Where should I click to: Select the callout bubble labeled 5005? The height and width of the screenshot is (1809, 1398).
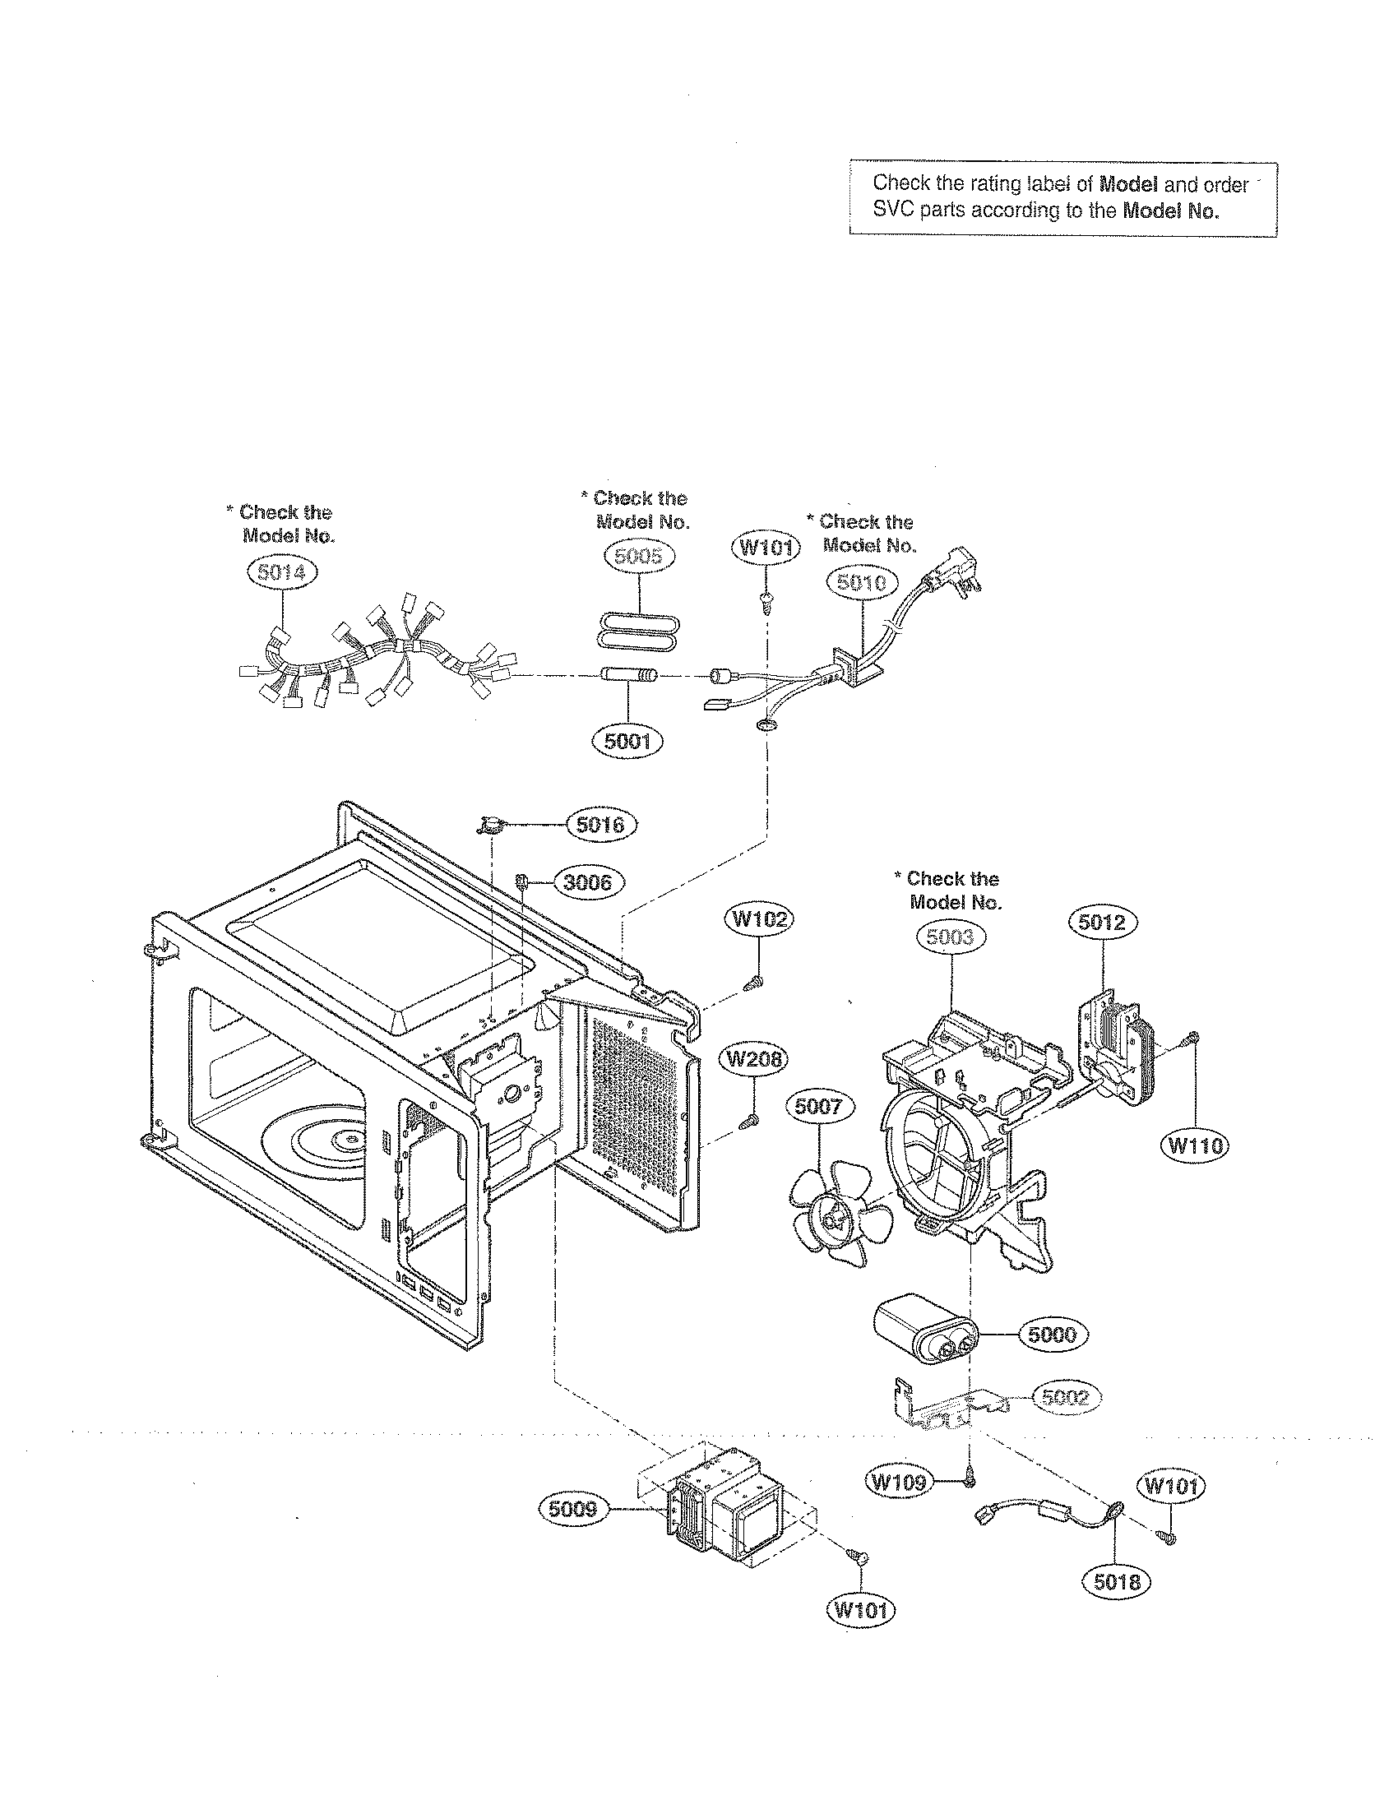639,556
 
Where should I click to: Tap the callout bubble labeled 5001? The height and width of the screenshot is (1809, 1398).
627,741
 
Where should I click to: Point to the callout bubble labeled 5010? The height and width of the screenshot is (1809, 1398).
861,583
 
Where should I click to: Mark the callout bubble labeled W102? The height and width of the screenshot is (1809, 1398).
759,920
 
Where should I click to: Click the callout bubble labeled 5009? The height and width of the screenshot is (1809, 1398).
573,1509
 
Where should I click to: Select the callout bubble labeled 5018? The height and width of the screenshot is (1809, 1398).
1117,1582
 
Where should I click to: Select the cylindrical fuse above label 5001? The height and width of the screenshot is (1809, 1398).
627,676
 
